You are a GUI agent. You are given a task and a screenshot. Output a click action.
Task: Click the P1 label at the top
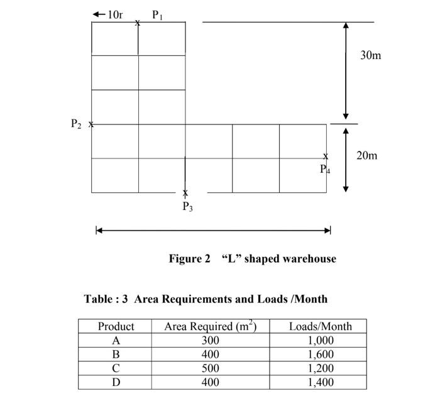tap(157, 14)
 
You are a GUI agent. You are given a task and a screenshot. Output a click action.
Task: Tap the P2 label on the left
tap(76, 124)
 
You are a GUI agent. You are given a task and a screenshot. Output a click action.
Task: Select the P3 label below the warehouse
tap(187, 206)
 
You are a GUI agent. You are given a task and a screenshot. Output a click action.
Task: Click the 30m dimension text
tap(370, 55)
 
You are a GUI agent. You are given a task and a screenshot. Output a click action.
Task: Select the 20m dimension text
tap(367, 155)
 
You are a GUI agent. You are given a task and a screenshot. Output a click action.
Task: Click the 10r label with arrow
tap(108, 14)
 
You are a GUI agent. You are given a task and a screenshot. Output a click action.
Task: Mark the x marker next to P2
tap(91, 124)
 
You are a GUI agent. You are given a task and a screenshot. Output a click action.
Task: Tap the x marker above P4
tap(326, 156)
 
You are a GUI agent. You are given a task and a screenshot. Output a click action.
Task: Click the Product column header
tap(116, 326)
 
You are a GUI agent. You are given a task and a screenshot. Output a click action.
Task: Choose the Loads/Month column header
tap(320, 326)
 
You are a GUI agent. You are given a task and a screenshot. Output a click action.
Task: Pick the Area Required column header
tap(210, 326)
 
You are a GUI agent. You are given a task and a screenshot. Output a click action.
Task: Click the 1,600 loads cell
tap(320, 355)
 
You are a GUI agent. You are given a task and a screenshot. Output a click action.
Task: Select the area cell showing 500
tap(210, 368)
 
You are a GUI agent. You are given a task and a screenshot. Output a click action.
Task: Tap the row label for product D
tap(116, 382)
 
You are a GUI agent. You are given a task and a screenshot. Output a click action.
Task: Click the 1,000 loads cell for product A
tap(320, 341)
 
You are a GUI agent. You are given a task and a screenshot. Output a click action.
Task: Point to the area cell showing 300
tap(210, 341)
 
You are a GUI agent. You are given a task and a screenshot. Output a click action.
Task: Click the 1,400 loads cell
tap(320, 382)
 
